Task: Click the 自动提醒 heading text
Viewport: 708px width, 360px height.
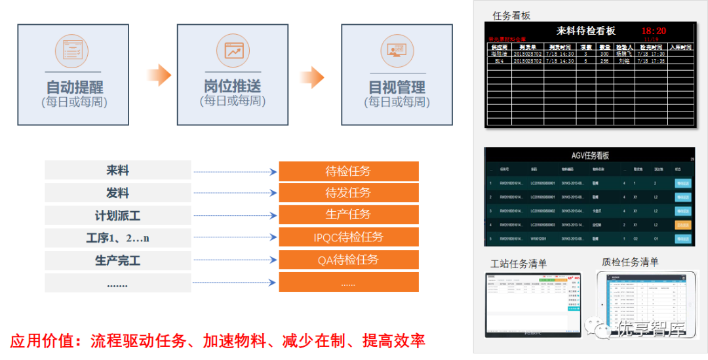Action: [74, 87]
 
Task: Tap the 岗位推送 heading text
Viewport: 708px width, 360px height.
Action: [232, 86]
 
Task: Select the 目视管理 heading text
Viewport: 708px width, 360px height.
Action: [397, 87]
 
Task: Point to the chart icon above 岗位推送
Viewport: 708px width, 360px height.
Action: [233, 50]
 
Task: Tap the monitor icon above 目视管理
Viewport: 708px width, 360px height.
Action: [397, 50]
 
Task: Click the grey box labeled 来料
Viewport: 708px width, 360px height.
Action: [118, 170]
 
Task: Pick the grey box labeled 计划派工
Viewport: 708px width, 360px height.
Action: [118, 215]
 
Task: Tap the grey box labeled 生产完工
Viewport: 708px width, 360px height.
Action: [118, 260]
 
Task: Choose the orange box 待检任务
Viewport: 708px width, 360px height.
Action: [348, 171]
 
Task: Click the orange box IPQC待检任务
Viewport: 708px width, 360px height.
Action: [348, 237]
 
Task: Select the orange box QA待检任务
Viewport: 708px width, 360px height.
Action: [348, 260]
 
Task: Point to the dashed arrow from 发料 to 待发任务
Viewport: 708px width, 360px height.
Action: [235, 193]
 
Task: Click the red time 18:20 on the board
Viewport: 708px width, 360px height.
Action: [654, 31]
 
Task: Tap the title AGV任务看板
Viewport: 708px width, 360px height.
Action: [591, 156]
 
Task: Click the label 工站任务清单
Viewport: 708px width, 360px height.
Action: [519, 264]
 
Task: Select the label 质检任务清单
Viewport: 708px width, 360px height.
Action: [630, 262]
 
